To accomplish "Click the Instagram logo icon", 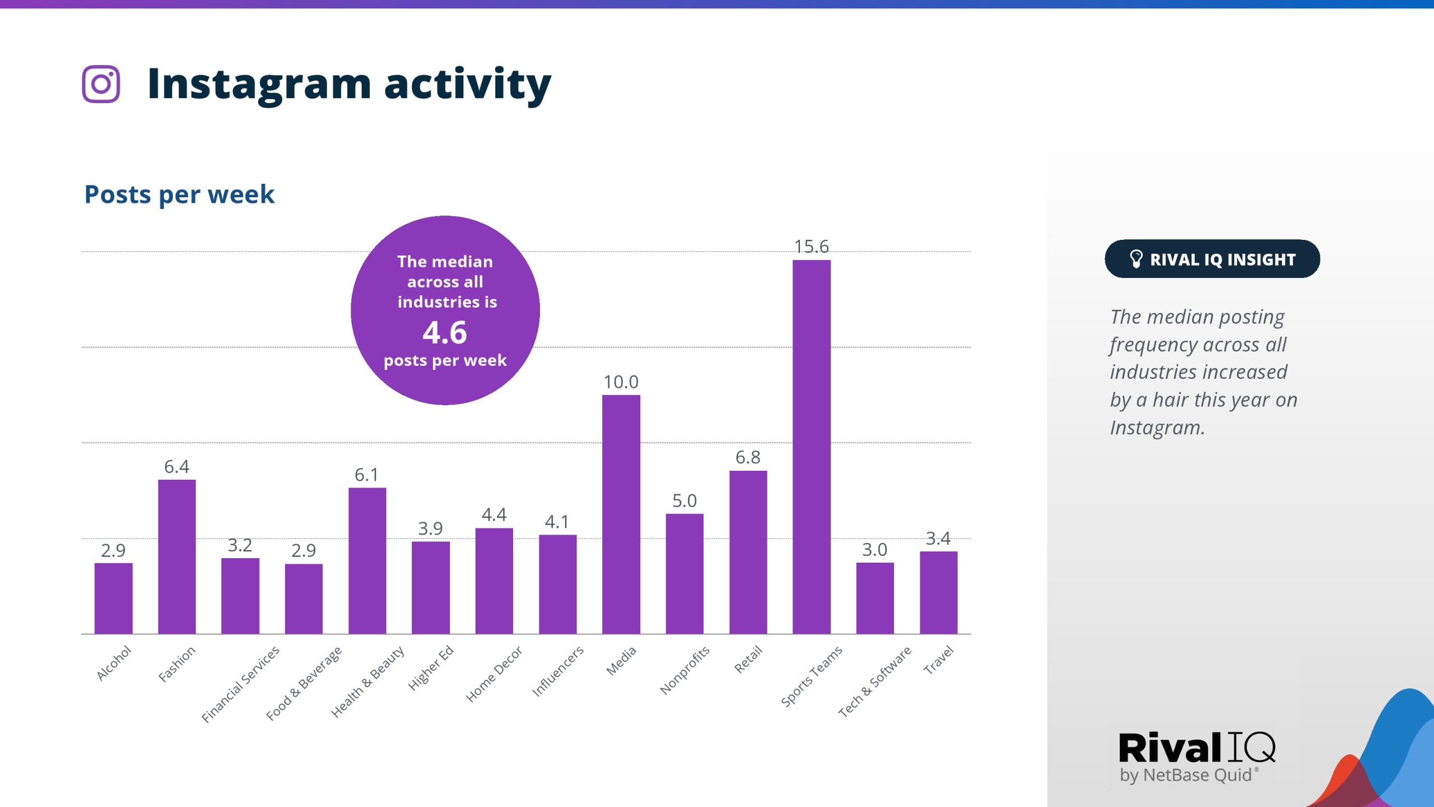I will (101, 84).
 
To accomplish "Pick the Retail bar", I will (748, 552).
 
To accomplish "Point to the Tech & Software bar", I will (874, 598).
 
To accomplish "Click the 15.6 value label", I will (811, 247).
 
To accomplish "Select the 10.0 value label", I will (621, 382).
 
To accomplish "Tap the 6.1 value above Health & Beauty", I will (366, 475).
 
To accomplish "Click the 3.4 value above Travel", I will (938, 539).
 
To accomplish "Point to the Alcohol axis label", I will (114, 663).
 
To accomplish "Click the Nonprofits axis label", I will (685, 670).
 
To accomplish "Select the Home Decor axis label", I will (493, 674).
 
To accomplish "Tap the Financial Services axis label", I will (240, 684).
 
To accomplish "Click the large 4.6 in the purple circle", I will (445, 333).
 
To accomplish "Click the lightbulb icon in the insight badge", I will (1135, 259).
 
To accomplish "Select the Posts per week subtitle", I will (179, 194).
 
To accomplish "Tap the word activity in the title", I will (468, 85).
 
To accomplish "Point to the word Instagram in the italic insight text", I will (1157, 428).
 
